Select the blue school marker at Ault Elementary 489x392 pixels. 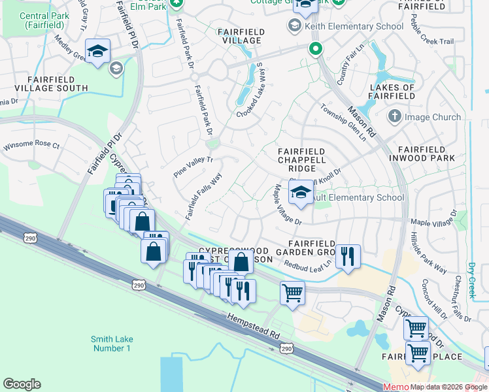tap(301, 193)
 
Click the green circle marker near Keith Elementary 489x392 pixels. tap(315, 48)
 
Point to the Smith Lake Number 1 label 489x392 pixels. tap(110, 343)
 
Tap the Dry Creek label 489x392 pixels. tap(471, 280)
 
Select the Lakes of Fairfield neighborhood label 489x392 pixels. tap(392, 91)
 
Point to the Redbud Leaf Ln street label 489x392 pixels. tap(307, 265)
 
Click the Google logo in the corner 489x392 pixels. tap(22, 384)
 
